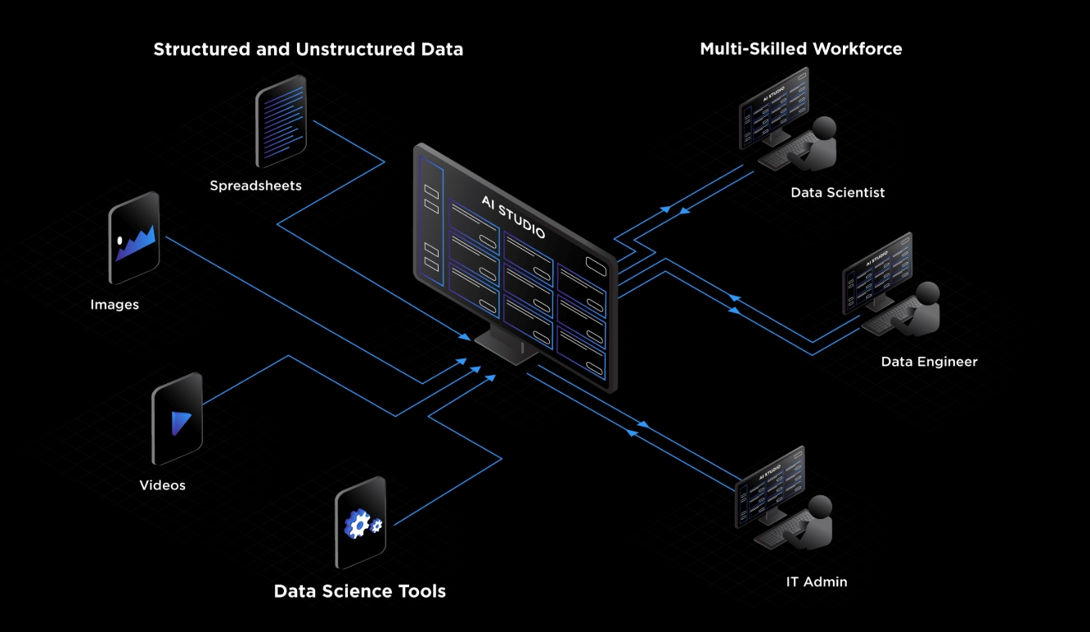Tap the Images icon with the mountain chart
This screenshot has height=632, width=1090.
pyautogui.click(x=133, y=237)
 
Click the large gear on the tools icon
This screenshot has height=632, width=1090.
pyautogui.click(x=356, y=525)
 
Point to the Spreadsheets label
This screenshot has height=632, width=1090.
pyautogui.click(x=255, y=186)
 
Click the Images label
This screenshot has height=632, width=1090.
pyautogui.click(x=115, y=305)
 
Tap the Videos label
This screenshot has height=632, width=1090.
pyautogui.click(x=162, y=485)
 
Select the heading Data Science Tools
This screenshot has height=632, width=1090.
pyautogui.click(x=359, y=591)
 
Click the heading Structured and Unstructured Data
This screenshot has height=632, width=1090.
pyautogui.click(x=309, y=49)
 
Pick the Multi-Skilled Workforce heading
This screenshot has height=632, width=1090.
pyautogui.click(x=800, y=49)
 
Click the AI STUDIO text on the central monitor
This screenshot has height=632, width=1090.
pyautogui.click(x=513, y=218)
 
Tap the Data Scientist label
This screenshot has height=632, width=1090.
pyautogui.click(x=837, y=193)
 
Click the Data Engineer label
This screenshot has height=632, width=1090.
pyautogui.click(x=929, y=362)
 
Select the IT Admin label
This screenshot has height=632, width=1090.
pyautogui.click(x=816, y=582)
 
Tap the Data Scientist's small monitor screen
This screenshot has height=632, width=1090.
pyautogui.click(x=773, y=112)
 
